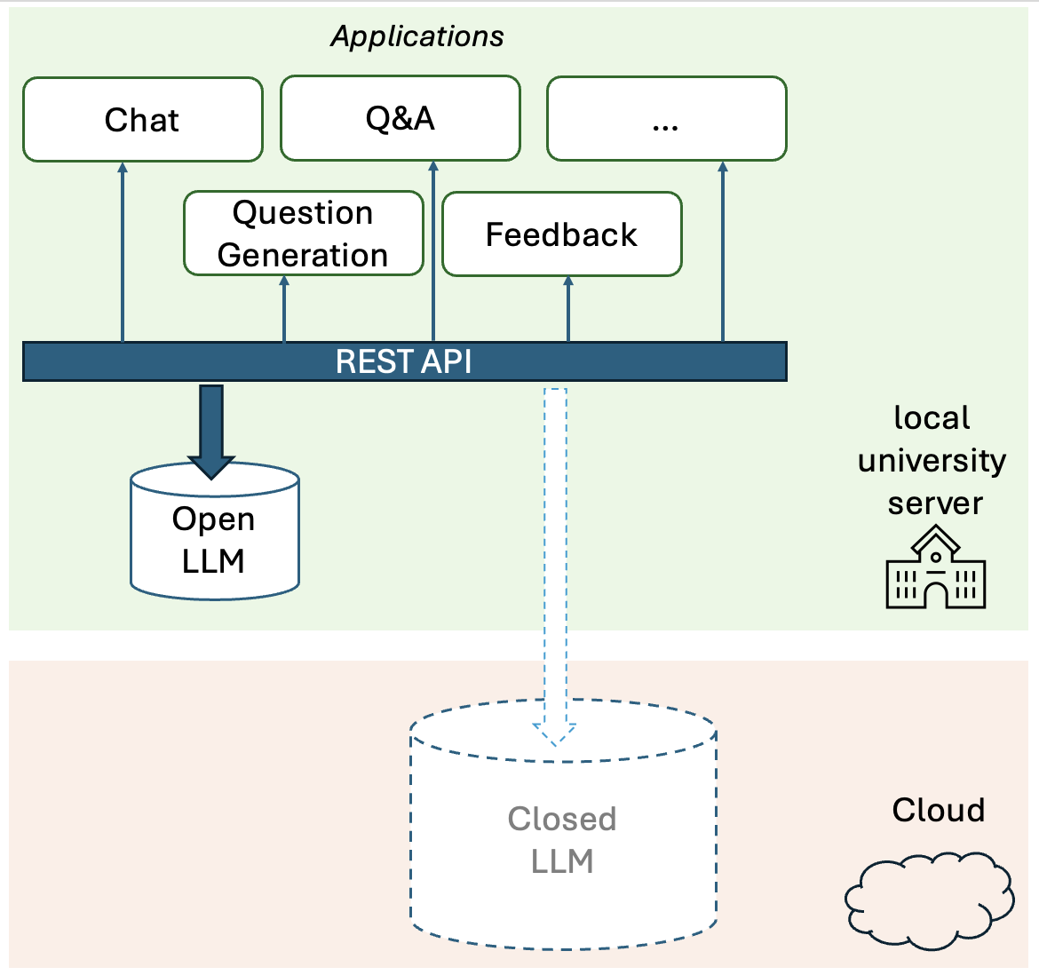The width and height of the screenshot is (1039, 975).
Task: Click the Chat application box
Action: click(142, 120)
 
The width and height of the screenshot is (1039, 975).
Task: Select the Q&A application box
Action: click(400, 118)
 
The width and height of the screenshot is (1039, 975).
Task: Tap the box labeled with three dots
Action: click(666, 119)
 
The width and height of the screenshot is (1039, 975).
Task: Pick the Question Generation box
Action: click(303, 234)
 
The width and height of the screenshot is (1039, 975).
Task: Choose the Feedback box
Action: click(561, 234)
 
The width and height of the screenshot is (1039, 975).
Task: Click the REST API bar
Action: click(404, 361)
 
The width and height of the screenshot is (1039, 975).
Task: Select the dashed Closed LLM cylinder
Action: click(562, 839)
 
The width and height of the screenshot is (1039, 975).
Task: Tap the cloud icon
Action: click(930, 899)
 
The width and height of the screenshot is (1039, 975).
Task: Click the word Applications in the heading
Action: click(416, 36)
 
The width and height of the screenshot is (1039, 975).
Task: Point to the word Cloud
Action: click(938, 810)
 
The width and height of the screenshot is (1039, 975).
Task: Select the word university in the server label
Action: click(932, 460)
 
